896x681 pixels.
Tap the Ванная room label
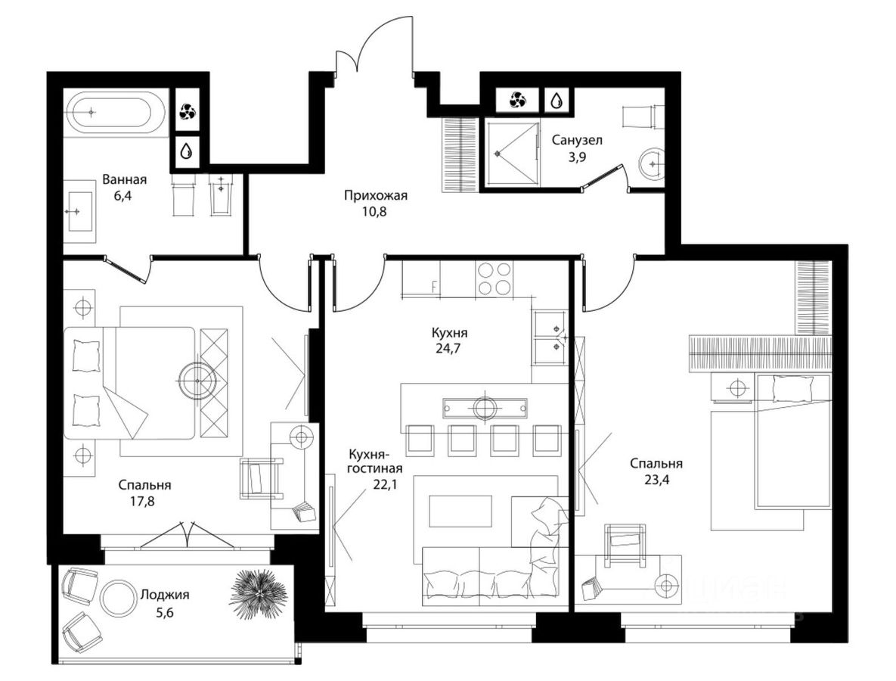(x=125, y=179)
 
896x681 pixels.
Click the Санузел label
(x=577, y=139)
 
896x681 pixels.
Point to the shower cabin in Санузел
(x=511, y=153)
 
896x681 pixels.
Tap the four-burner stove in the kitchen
(x=495, y=278)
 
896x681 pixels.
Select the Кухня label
(x=450, y=333)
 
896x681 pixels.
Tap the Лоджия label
(x=165, y=595)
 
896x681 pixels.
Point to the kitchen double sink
(x=549, y=337)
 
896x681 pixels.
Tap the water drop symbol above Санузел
(x=556, y=101)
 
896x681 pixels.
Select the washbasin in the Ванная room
(x=79, y=211)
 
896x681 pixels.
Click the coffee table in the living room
(x=460, y=512)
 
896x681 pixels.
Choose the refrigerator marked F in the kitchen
(x=420, y=278)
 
